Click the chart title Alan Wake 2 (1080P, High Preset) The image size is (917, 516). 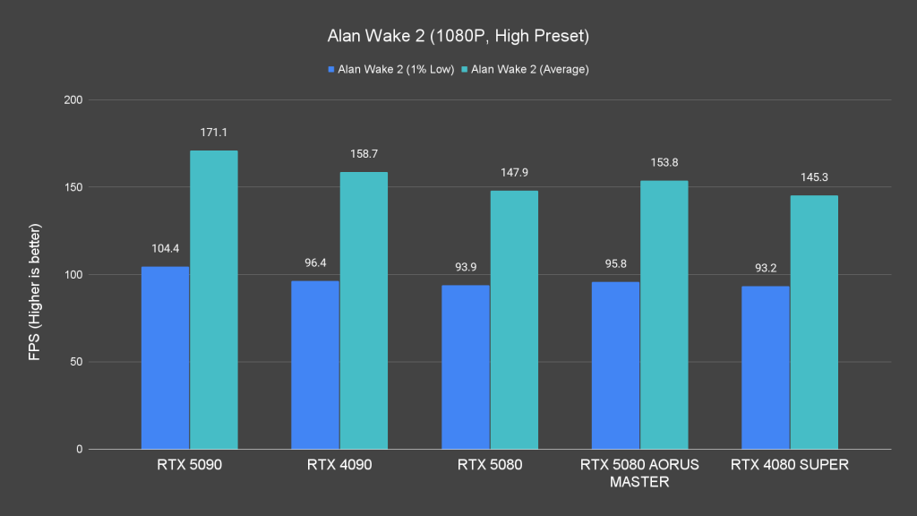pyautogui.click(x=458, y=38)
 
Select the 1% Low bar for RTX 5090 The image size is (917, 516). pyautogui.click(x=166, y=358)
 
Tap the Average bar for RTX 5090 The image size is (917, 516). pyautogui.click(x=214, y=300)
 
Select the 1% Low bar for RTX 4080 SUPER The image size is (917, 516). pyautogui.click(x=766, y=367)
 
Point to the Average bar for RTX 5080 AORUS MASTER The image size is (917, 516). pyautogui.click(x=664, y=314)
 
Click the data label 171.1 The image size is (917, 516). pyautogui.click(x=214, y=133)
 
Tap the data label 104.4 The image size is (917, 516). pyautogui.click(x=166, y=248)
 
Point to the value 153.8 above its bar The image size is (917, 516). pyautogui.click(x=664, y=162)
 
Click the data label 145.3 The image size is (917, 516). pyautogui.click(x=814, y=177)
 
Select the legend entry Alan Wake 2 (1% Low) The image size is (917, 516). pyautogui.click(x=391, y=69)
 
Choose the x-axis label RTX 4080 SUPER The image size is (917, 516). pyautogui.click(x=789, y=465)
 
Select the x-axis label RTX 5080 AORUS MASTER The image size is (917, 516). pyautogui.click(x=639, y=473)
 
